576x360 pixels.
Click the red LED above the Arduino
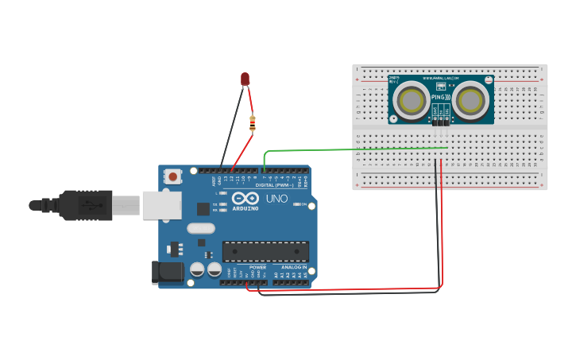245,79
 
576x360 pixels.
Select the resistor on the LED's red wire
253,123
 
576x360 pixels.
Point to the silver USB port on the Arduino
162,204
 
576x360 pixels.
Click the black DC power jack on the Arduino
168,273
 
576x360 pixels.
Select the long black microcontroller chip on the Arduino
265,252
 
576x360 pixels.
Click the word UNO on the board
276,199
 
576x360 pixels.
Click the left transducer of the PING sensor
412,100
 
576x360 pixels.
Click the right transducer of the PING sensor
471,100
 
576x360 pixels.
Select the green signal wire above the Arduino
350,149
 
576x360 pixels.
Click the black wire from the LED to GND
231,127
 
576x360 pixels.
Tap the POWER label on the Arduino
258,267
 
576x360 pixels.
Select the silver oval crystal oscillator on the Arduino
201,228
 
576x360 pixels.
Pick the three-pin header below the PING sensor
441,122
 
